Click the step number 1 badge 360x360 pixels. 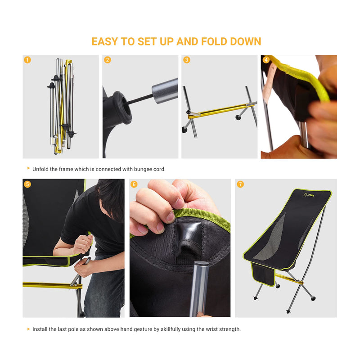tap(27, 60)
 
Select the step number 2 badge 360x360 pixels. tap(108, 60)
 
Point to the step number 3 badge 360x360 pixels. tap(187, 60)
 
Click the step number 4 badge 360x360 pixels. tap(266, 60)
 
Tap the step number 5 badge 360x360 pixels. tap(27, 184)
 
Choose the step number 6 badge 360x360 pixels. tap(134, 184)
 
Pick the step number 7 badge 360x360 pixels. tap(240, 184)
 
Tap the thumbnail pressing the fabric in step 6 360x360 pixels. tap(170, 217)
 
